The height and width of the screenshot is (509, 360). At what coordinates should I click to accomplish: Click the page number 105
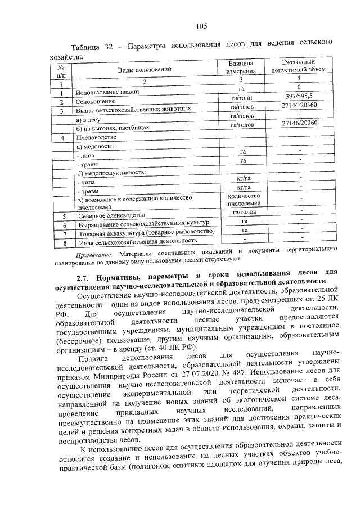coord(202,25)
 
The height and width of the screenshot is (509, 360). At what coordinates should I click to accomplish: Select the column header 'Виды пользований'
coord(144,70)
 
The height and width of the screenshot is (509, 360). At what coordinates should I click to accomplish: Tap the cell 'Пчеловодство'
coord(96,138)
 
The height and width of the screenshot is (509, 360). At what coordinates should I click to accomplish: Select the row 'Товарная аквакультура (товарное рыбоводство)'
coord(146,232)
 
